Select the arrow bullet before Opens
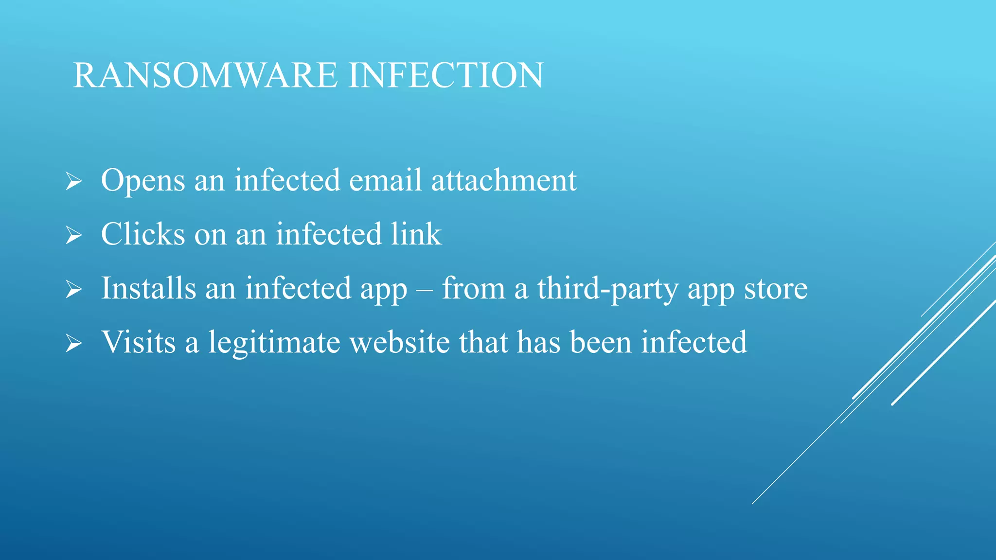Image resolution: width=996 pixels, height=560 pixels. point(73,182)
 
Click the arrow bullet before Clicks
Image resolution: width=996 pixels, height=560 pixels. point(73,236)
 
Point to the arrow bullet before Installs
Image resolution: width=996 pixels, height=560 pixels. point(73,290)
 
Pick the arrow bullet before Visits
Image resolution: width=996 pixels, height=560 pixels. point(73,344)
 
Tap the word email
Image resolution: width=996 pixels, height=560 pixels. point(385,180)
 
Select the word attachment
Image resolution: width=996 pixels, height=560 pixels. point(504,180)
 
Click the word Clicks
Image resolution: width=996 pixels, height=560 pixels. point(143,234)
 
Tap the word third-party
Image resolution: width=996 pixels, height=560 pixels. point(607,289)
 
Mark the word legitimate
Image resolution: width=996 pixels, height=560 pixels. point(274,343)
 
